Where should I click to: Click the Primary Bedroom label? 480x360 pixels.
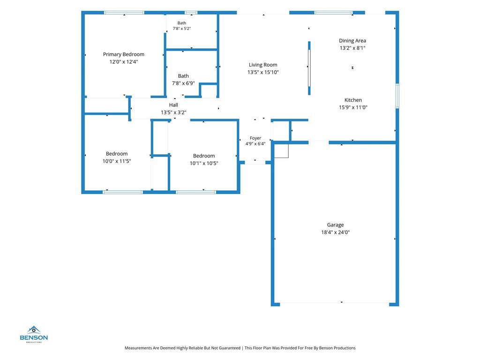(123, 54)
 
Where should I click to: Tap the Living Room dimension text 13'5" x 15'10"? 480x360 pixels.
(263, 72)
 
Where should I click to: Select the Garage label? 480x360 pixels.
(335, 225)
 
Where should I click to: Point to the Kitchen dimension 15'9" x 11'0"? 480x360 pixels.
(353, 107)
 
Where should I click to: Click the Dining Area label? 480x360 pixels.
(352, 41)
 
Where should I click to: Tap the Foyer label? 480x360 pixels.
(255, 138)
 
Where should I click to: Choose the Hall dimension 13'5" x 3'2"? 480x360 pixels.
(173, 112)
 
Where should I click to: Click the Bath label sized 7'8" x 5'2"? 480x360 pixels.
(182, 23)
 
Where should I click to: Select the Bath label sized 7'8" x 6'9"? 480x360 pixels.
(183, 76)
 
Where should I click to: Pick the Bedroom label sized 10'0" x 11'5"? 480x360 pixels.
(117, 154)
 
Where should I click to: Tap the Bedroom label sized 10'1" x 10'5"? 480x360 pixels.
(204, 156)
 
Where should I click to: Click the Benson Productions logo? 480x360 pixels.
(34, 334)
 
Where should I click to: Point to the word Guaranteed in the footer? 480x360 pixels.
(229, 348)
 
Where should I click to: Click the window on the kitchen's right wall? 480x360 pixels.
(397, 96)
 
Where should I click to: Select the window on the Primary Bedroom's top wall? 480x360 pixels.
(124, 13)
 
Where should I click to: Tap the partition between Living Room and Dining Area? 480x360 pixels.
(309, 68)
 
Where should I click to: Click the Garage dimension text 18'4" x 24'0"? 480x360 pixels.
(335, 232)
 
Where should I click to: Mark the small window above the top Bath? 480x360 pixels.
(191, 13)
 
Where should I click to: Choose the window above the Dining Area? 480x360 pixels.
(333, 13)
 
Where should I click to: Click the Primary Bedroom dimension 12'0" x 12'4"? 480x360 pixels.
(124, 62)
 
